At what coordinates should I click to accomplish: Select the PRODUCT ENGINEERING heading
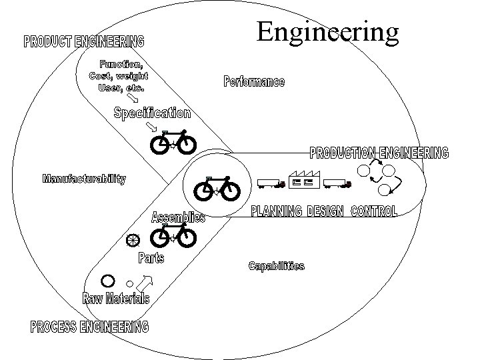point(84,42)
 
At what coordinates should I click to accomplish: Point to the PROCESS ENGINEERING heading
point(89,327)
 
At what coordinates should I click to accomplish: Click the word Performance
point(253,82)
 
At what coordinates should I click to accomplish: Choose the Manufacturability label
point(83,179)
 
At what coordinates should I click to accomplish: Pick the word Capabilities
point(276,266)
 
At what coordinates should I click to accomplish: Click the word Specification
point(152,113)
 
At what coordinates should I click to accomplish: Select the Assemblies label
point(178,218)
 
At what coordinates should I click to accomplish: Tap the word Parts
point(151,257)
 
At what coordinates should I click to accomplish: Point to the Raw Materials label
point(116,298)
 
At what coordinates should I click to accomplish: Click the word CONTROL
point(373,211)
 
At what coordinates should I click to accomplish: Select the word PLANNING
point(276,211)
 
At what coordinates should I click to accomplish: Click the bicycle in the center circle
point(217,189)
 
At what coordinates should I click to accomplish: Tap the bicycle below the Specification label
point(173,142)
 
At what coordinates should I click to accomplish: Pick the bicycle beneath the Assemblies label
point(173,236)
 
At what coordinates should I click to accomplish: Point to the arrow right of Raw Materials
point(148,281)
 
